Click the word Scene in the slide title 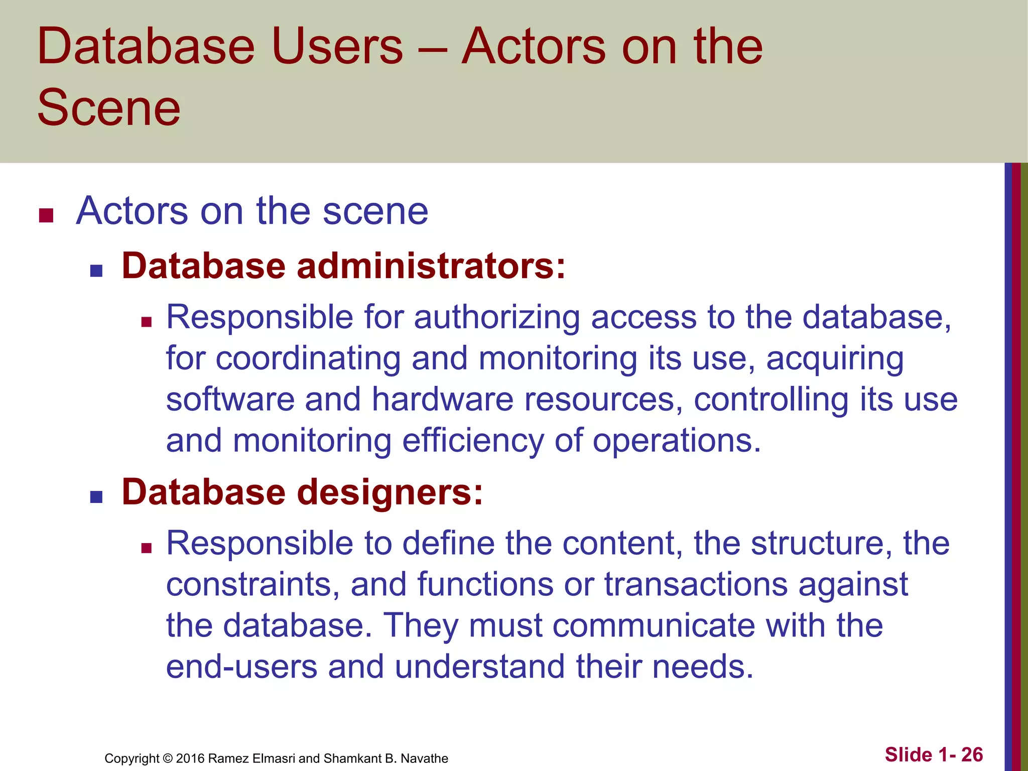[108, 107]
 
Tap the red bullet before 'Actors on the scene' [46, 215]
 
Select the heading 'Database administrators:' [343, 266]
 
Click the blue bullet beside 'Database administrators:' [96, 271]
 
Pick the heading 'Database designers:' [302, 492]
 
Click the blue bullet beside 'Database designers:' [96, 497]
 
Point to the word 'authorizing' [496, 318]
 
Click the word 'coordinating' [308, 358]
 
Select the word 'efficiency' [473, 441]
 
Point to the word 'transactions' [696, 585]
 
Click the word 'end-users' [242, 667]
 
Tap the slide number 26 [972, 754]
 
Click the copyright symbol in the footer [168, 758]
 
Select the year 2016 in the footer [190, 758]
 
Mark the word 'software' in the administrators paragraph [230, 400]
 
